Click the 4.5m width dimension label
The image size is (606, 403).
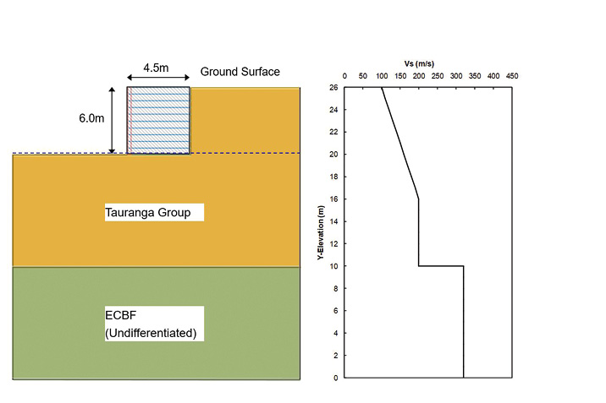[x=158, y=67]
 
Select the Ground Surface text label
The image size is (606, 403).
[x=240, y=72]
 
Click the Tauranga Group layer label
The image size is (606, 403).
[x=153, y=212]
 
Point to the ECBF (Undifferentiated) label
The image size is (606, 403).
[x=151, y=324]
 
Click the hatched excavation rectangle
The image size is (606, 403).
[x=158, y=120]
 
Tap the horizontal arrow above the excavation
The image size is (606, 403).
[x=158, y=80]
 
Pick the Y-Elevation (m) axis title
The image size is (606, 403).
[x=321, y=232]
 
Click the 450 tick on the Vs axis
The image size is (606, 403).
[x=512, y=76]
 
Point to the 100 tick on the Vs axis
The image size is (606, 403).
[x=381, y=76]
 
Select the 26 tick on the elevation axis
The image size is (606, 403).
[x=334, y=87]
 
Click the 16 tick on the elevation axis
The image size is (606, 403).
[x=334, y=199]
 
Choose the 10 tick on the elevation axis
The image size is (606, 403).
[x=334, y=266]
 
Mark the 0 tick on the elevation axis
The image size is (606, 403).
[x=336, y=378]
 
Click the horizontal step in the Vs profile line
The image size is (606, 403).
[x=441, y=266]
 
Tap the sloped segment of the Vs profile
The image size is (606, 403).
[x=399, y=143]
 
